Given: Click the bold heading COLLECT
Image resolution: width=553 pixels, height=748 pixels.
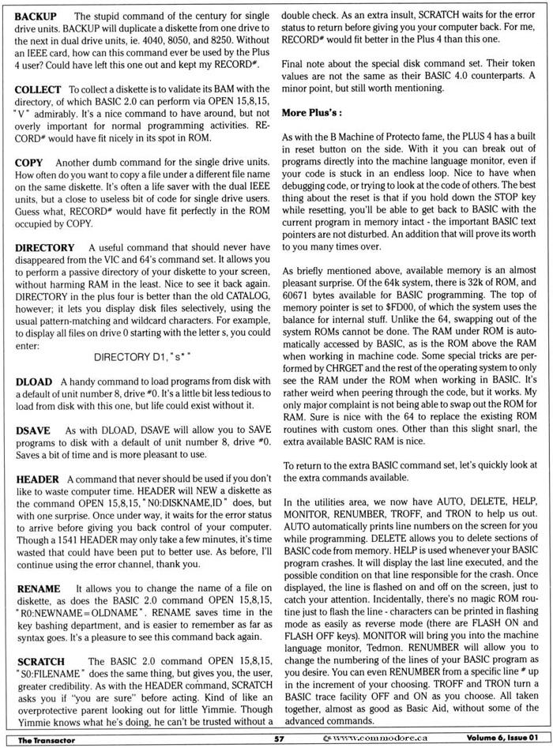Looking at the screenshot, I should (39, 93).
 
